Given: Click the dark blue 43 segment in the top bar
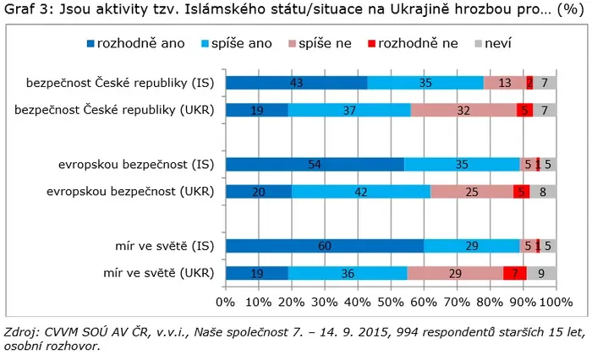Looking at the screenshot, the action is click(x=296, y=83).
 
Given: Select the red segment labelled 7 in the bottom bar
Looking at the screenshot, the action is click(x=515, y=273).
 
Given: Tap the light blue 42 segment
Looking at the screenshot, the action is click(x=361, y=192).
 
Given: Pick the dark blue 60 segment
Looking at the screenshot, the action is click(x=325, y=246).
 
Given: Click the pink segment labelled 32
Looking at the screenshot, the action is click(x=463, y=110).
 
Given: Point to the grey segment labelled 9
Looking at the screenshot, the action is click(x=541, y=273).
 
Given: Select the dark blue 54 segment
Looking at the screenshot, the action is click(x=315, y=165).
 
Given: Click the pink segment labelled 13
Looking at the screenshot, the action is click(x=505, y=83).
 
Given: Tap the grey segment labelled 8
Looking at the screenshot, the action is click(x=543, y=192).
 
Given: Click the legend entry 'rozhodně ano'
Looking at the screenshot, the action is click(x=136, y=43).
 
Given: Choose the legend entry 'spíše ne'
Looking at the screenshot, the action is click(x=321, y=43).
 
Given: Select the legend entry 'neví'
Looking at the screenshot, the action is click(x=493, y=43).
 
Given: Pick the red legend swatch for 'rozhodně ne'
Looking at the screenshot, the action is click(x=372, y=44).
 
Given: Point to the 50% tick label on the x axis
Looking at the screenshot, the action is click(x=391, y=302).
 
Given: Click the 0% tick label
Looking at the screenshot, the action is click(x=226, y=302).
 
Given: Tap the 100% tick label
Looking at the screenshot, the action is click(x=556, y=302).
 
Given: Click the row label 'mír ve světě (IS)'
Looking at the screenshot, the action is click(x=165, y=246).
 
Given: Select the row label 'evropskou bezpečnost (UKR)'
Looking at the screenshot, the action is click(x=130, y=192).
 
